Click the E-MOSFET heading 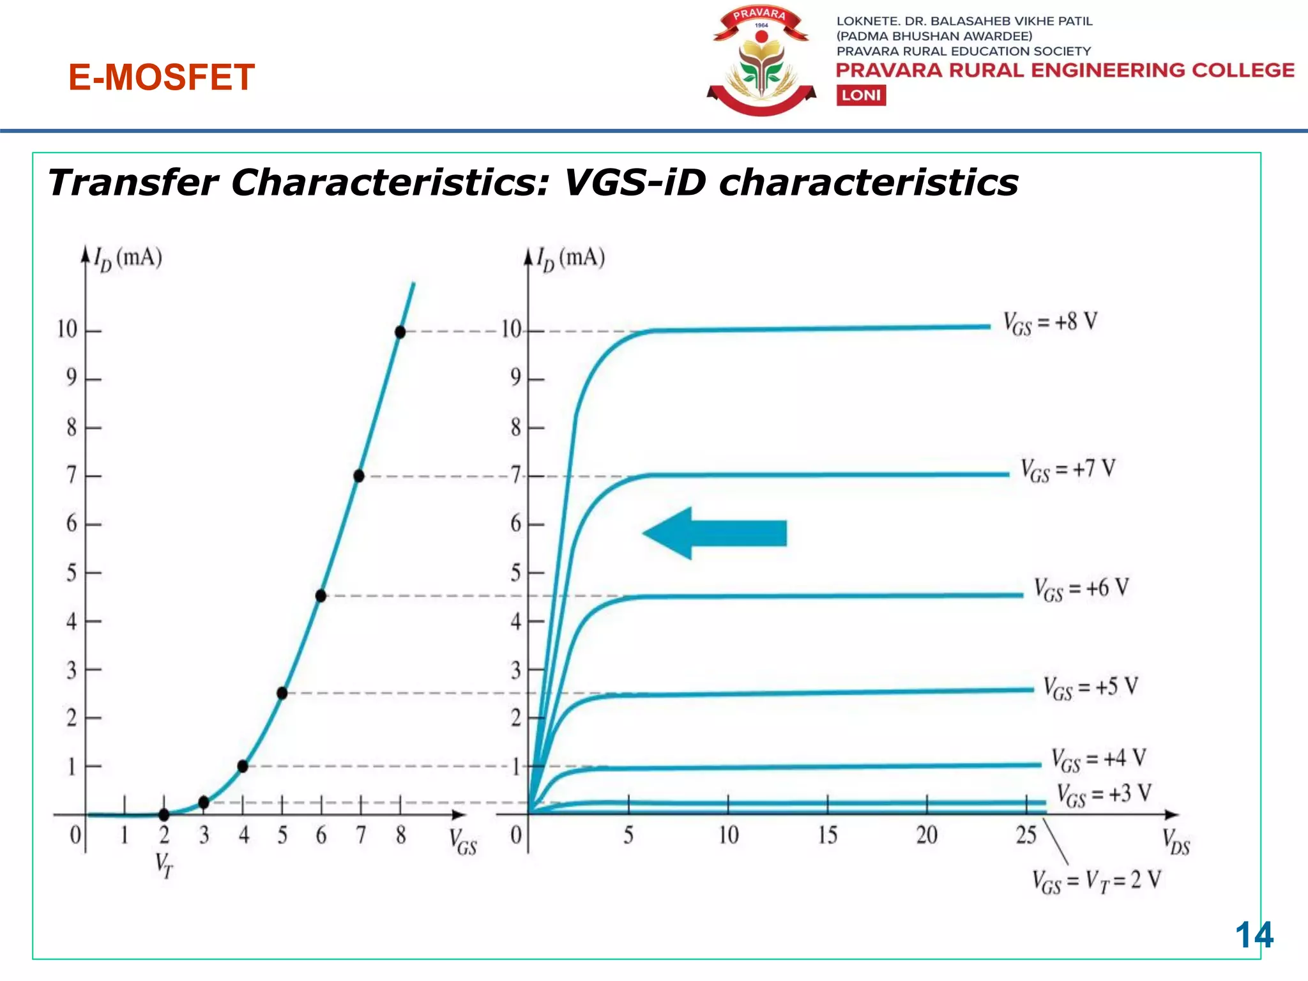tap(162, 77)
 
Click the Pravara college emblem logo tap(761, 62)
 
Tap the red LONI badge tap(861, 95)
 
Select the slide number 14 tap(1254, 935)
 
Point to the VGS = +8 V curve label tap(1050, 322)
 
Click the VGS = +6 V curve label tap(1081, 589)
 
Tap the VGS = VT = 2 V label tap(1096, 881)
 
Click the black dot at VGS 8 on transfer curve tap(400, 332)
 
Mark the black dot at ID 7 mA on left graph tap(359, 476)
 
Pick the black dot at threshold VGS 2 tap(164, 814)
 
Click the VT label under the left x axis tap(164, 865)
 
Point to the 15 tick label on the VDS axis tap(827, 835)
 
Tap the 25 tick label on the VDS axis tap(1026, 835)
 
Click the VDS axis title tap(1175, 842)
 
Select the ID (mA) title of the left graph tap(128, 258)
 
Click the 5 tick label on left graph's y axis tap(72, 572)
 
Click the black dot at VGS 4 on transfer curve tap(243, 766)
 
